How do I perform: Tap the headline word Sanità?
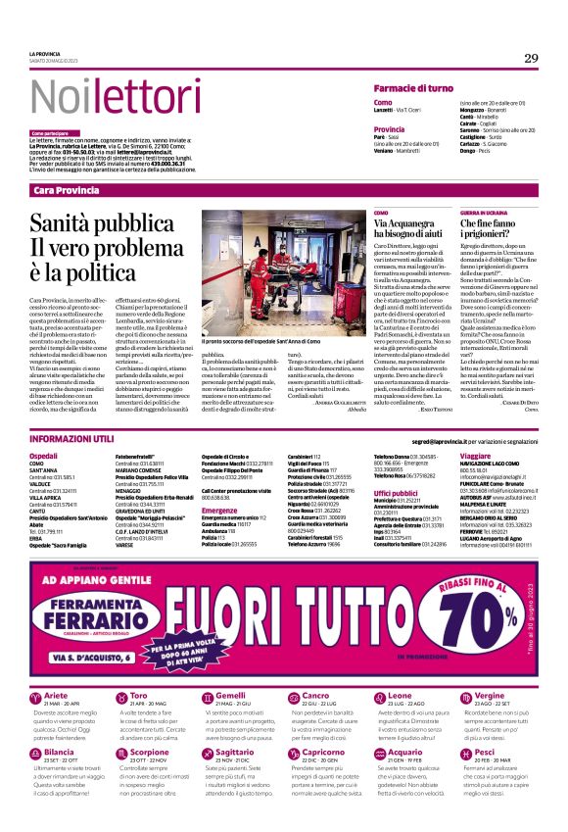coord(72,224)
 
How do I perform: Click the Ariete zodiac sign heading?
coord(57,695)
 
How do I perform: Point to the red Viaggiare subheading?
coord(475,456)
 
